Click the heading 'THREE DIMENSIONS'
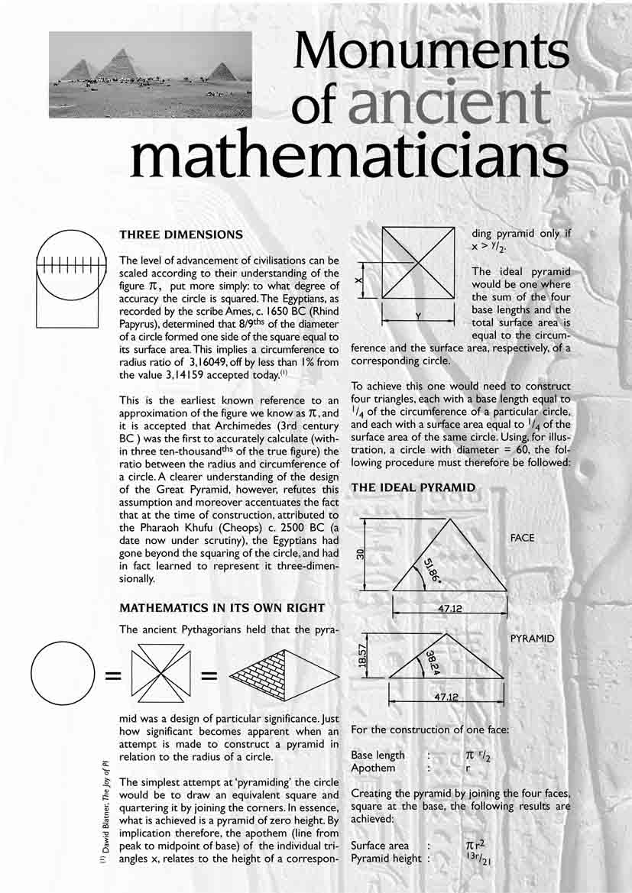[182, 234]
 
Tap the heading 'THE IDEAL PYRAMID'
[413, 487]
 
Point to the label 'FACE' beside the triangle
[523, 538]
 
